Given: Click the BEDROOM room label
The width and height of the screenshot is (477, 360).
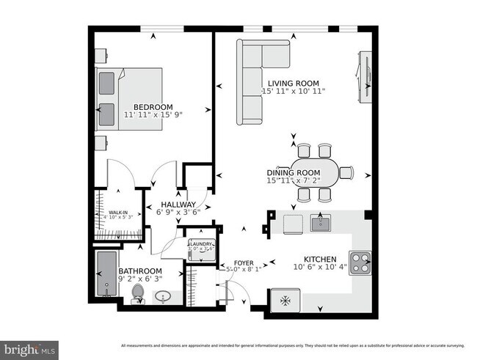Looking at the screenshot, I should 153,107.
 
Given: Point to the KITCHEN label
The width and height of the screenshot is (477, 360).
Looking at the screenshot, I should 320,260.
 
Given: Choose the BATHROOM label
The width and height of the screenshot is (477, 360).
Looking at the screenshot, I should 140,270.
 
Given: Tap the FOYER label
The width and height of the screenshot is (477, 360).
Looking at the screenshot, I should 244,262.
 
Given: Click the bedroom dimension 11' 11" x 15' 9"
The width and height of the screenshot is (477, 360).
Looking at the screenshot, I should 153,116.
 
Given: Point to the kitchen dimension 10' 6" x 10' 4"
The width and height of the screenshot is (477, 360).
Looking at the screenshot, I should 320,268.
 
